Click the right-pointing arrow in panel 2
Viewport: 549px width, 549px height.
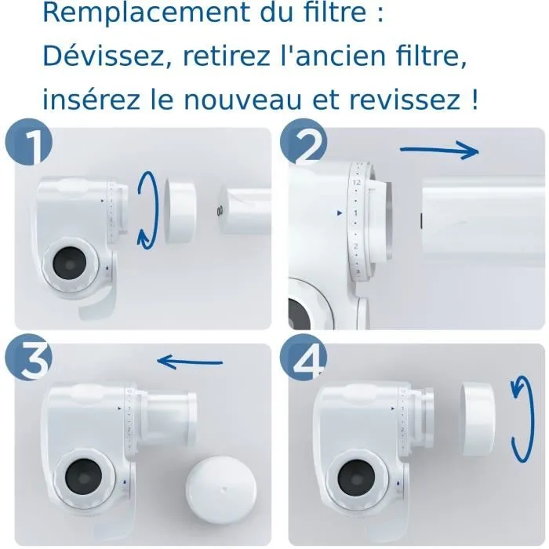(x=439, y=150)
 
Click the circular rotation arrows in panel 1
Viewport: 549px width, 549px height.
(x=147, y=209)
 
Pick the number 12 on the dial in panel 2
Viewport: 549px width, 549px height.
(x=357, y=184)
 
